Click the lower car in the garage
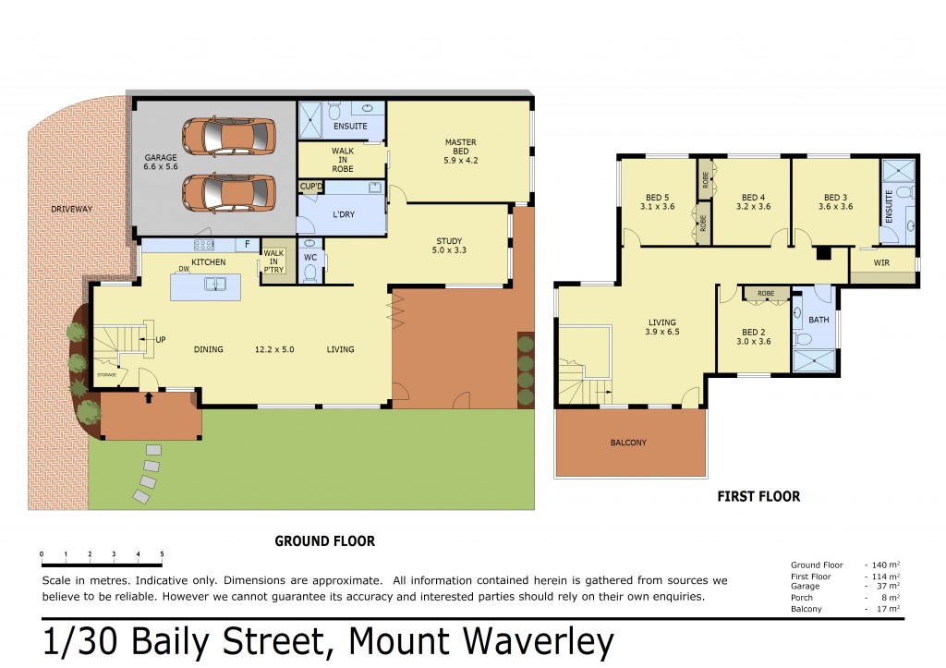229,193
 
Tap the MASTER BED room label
461,151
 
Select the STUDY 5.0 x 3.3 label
449,246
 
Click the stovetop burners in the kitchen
204,245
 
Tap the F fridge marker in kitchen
248,245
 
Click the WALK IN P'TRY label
273,261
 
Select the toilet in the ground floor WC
310,273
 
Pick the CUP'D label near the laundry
311,187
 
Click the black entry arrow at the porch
149,397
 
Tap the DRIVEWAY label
72,210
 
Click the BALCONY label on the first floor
628,443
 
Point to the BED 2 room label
754,336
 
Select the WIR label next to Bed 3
881,262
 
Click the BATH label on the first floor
819,320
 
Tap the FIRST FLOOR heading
758,497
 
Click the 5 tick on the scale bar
162,554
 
